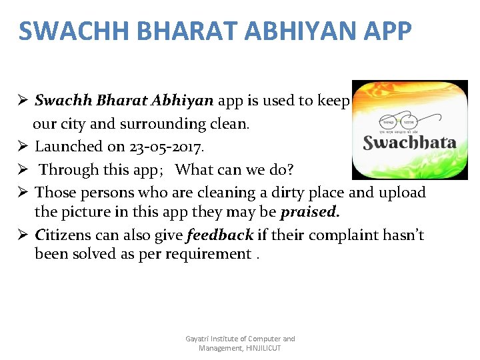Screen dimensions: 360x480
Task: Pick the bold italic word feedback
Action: point(220,235)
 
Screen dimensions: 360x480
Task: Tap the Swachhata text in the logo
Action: point(409,142)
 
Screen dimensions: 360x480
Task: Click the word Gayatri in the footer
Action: point(197,339)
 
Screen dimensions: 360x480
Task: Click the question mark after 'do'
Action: point(290,169)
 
